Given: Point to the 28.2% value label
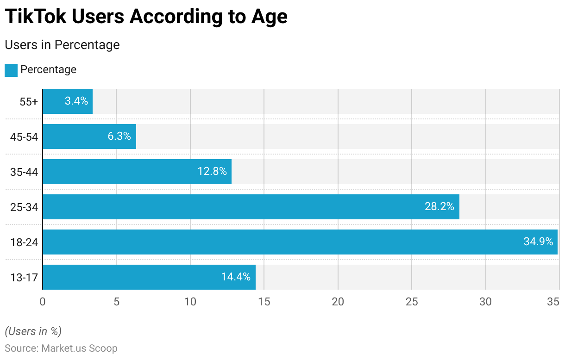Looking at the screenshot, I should (439, 207).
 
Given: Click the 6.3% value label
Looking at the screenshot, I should (119, 137).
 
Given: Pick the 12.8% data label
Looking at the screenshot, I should (212, 172).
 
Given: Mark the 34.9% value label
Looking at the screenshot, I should (538, 242).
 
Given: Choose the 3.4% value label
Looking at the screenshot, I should (76, 101).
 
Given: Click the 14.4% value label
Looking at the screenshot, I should (236, 277).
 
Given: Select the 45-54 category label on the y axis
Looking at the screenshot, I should (24, 137).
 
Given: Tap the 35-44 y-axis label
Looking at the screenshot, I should (24, 172).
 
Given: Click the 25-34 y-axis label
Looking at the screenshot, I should (24, 207).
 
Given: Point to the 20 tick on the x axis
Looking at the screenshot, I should (338, 302).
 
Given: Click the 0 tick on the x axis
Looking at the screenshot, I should (43, 302).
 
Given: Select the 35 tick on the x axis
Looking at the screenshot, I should (553, 302).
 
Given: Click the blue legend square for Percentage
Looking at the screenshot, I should (11, 70).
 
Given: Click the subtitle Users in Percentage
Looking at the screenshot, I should (62, 45).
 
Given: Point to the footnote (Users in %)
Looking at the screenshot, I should (33, 331).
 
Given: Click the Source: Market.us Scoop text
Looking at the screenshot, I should (61, 348).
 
